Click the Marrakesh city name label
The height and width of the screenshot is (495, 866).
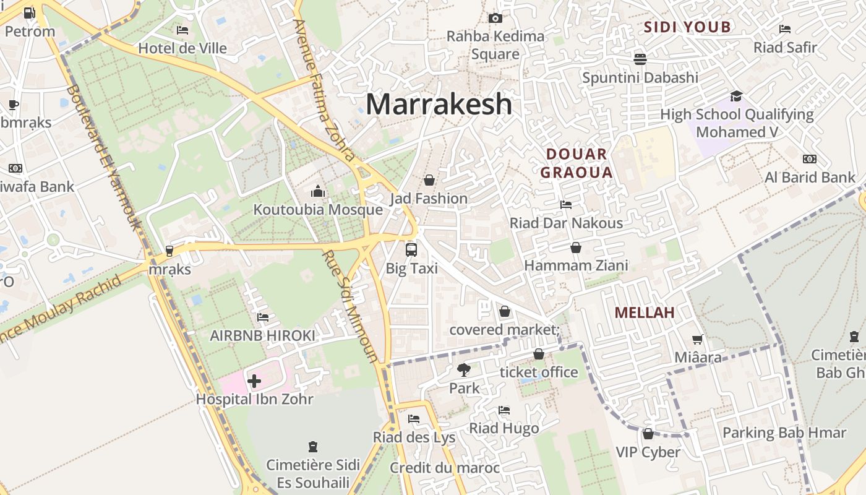tap(439, 105)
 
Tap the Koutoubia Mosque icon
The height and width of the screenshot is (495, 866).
tap(318, 190)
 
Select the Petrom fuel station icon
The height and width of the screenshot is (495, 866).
tap(29, 12)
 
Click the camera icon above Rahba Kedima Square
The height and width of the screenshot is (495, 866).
tap(495, 18)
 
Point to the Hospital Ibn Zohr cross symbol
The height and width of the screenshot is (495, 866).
tap(254, 381)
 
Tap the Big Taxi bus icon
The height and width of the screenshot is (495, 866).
tap(411, 250)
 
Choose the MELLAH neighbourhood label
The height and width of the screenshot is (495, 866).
tap(645, 312)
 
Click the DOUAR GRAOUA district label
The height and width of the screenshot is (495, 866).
tap(576, 163)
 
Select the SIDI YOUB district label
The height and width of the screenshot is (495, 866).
tap(687, 27)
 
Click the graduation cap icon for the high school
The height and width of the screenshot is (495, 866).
tap(736, 96)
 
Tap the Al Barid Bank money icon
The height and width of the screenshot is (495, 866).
tap(809, 159)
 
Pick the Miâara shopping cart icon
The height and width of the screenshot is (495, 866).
tap(698, 339)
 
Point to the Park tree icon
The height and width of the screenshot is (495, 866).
tap(463, 370)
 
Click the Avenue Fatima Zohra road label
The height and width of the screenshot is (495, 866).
tap(324, 90)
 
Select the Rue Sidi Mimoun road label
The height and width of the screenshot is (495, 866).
tap(350, 306)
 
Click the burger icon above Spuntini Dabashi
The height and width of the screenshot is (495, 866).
tap(640, 59)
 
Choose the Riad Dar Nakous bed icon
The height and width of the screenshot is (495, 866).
tap(565, 204)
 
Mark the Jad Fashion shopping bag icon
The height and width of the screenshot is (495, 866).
tap(429, 180)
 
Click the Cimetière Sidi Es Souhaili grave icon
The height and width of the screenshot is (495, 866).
tap(313, 446)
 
